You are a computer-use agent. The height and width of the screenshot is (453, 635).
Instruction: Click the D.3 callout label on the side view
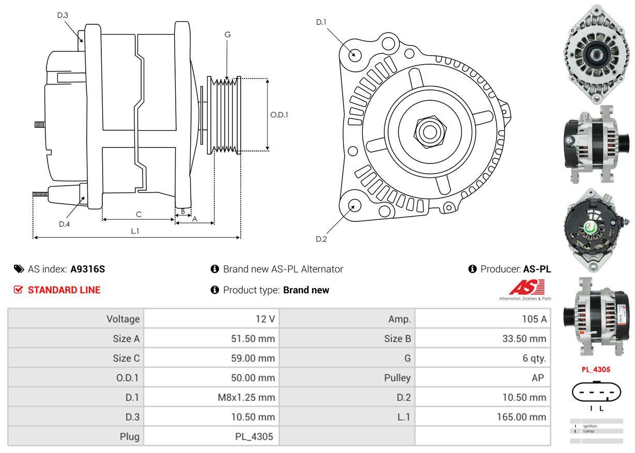pos(63,15)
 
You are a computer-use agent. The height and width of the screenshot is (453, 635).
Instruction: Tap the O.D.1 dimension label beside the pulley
pos(279,115)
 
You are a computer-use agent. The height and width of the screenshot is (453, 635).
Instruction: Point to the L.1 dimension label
pos(135,231)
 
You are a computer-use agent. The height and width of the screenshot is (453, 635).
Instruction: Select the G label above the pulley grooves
pos(227,35)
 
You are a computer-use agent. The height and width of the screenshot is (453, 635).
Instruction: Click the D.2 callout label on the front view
pos(321,239)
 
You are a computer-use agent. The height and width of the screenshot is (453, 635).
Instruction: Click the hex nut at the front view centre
pos(428,130)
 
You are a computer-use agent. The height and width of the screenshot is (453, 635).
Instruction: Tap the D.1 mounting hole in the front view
pos(354,54)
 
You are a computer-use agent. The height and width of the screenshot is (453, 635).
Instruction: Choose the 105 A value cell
pos(534,319)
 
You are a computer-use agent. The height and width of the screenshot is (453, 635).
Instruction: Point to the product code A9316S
pos(88,269)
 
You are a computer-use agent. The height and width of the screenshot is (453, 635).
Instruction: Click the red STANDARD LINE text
pos(64,290)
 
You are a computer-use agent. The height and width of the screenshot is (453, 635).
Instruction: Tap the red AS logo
pos(525,288)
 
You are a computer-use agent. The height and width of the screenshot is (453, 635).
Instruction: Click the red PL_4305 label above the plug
pos(596,370)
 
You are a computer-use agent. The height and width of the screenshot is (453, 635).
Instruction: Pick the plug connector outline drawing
pos(596,393)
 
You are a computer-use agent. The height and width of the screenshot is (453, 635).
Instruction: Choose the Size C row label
pos(126,358)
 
